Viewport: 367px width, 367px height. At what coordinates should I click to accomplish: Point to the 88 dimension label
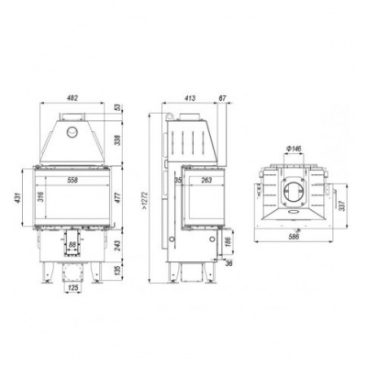72,246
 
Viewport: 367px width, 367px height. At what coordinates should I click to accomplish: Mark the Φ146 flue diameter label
295,150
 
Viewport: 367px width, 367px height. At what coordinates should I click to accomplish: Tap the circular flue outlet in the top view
295,191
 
